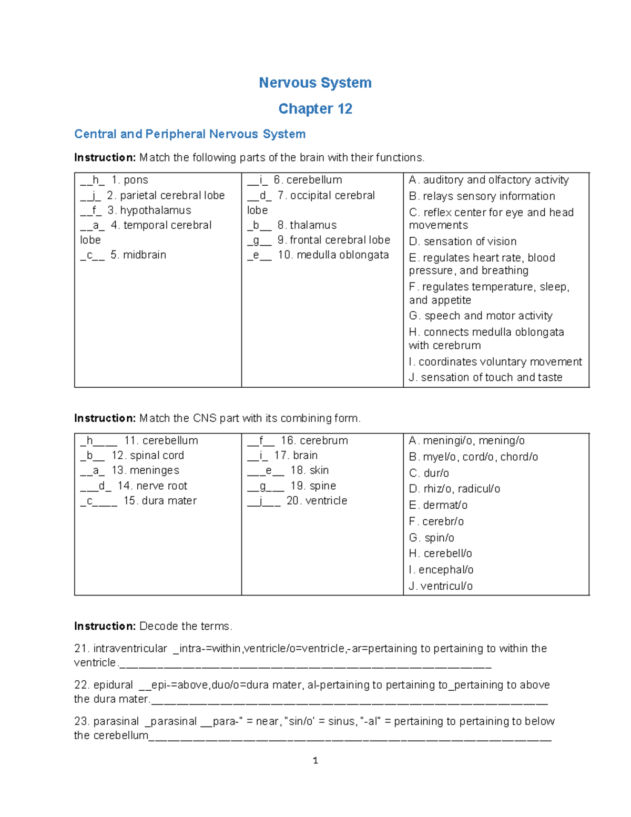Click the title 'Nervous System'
click(x=315, y=83)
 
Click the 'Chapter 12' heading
click(x=315, y=108)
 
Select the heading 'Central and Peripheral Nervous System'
click(x=190, y=134)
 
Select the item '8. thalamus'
click(x=307, y=225)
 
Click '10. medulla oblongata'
click(x=333, y=255)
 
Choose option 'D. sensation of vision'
click(x=463, y=241)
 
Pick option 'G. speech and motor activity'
click(x=481, y=316)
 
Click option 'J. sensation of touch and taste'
click(x=485, y=377)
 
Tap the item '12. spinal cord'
click(x=147, y=456)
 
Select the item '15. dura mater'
click(x=160, y=501)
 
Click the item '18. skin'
click(x=309, y=470)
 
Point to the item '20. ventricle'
click(x=317, y=501)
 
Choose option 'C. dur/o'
click(x=429, y=473)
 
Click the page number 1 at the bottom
click(x=315, y=761)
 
